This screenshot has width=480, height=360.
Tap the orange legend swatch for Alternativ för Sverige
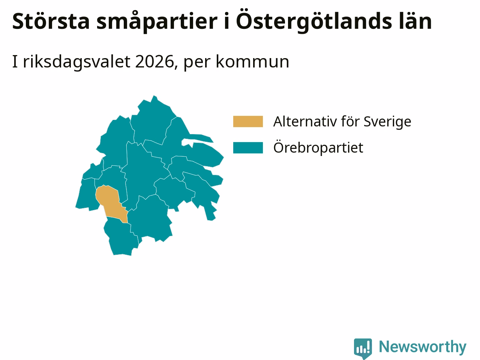point(248,121)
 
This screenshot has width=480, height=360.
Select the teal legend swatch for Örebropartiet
point(248,148)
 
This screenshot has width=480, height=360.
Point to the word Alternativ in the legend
point(305,121)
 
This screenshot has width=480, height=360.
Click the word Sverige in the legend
point(387,122)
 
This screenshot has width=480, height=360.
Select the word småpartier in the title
point(157,22)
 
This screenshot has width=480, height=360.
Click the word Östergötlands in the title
point(313,21)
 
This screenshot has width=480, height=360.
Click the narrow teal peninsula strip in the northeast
point(198,138)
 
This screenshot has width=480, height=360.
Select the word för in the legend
point(350,121)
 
